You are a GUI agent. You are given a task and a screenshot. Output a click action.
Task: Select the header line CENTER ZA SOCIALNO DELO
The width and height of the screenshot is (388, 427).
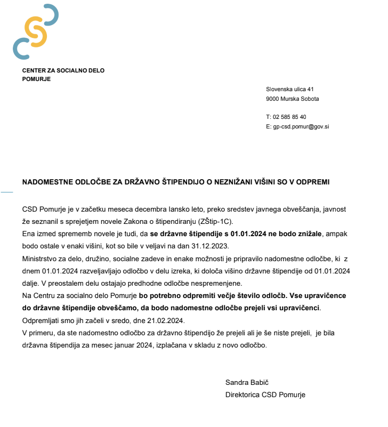63,70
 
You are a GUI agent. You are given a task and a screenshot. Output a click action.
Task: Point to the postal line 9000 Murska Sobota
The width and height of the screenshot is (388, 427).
293,99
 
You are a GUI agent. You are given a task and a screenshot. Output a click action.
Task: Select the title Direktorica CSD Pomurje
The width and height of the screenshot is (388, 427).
265,394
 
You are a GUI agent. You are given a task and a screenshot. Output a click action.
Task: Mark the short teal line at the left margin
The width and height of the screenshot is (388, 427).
6,191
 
